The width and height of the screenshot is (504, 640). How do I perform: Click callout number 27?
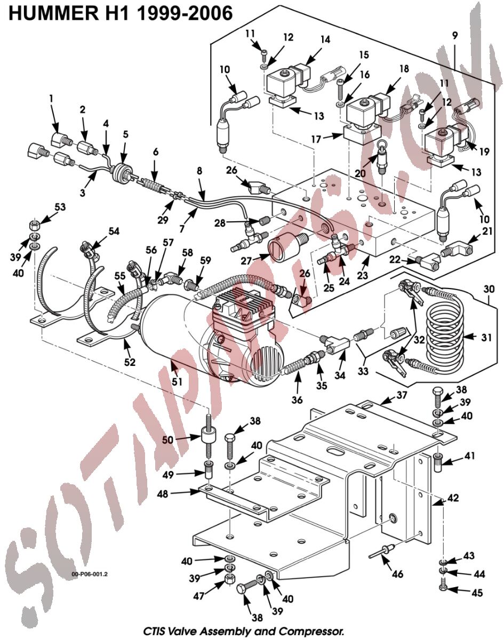click(x=246, y=260)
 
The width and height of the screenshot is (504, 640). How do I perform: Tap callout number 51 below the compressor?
click(x=177, y=381)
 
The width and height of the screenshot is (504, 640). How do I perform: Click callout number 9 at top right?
click(x=455, y=36)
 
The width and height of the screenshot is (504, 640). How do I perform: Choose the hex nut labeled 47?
click(x=229, y=579)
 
